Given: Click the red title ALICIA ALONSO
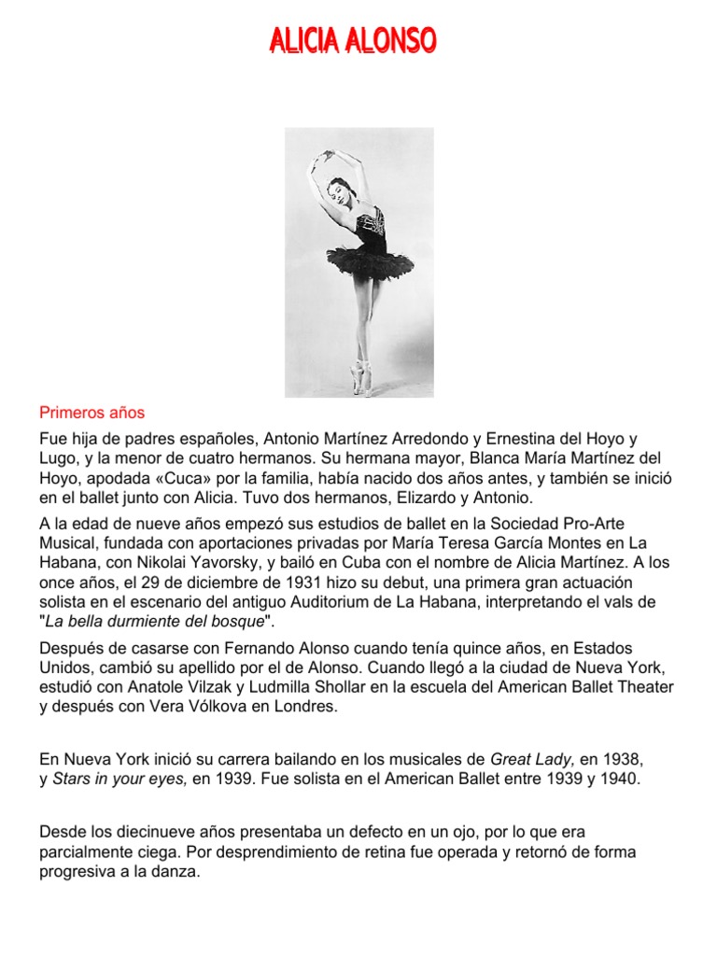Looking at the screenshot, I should pyautogui.click(x=353, y=41).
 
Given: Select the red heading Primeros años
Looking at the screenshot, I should pyautogui.click(x=91, y=412).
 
